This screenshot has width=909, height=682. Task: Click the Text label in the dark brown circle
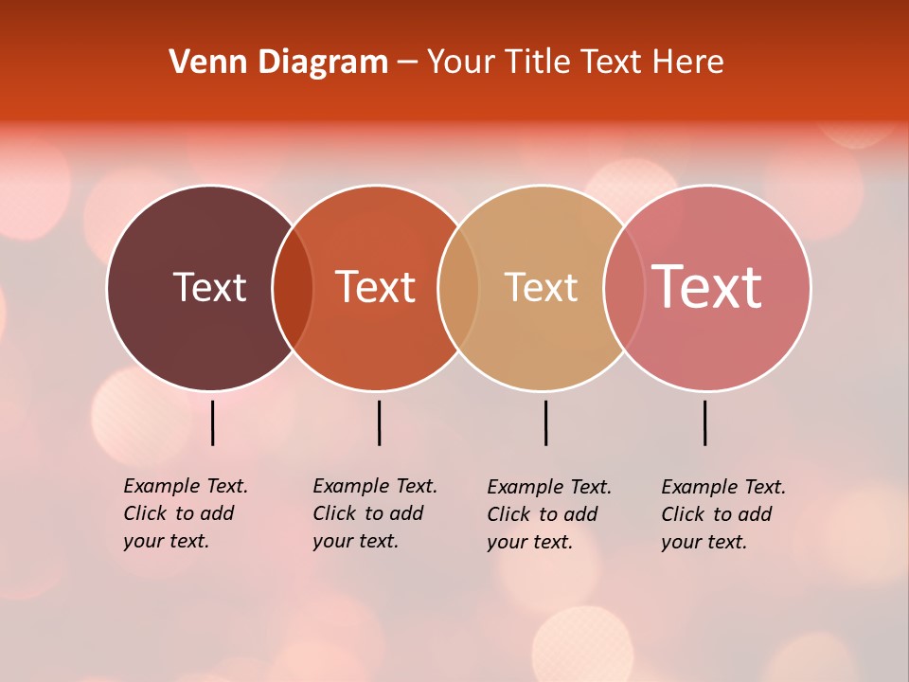pyautogui.click(x=209, y=287)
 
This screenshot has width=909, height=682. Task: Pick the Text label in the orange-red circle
pyautogui.click(x=376, y=287)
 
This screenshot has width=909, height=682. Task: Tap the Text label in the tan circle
pyautogui.click(x=541, y=287)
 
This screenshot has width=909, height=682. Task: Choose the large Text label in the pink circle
pyautogui.click(x=706, y=286)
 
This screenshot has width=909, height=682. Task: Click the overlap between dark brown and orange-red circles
pyautogui.click(x=293, y=288)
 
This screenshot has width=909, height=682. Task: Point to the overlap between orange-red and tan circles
pyautogui.click(x=458, y=288)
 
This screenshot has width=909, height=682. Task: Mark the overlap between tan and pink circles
pyautogui.click(x=624, y=288)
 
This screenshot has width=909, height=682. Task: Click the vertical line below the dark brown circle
pyautogui.click(x=213, y=422)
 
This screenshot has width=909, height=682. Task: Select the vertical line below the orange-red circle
pyautogui.click(x=379, y=422)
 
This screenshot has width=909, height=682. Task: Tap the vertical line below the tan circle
pyautogui.click(x=545, y=422)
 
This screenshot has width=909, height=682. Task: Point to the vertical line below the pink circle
pyautogui.click(x=704, y=422)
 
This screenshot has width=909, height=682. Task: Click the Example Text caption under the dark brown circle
pyautogui.click(x=185, y=513)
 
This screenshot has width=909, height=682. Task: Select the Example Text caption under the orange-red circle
pyautogui.click(x=374, y=513)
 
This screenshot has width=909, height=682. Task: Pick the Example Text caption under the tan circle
pyautogui.click(x=548, y=514)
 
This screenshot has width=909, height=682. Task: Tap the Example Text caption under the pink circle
pyautogui.click(x=722, y=514)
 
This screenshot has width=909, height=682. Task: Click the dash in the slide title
pyautogui.click(x=407, y=63)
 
